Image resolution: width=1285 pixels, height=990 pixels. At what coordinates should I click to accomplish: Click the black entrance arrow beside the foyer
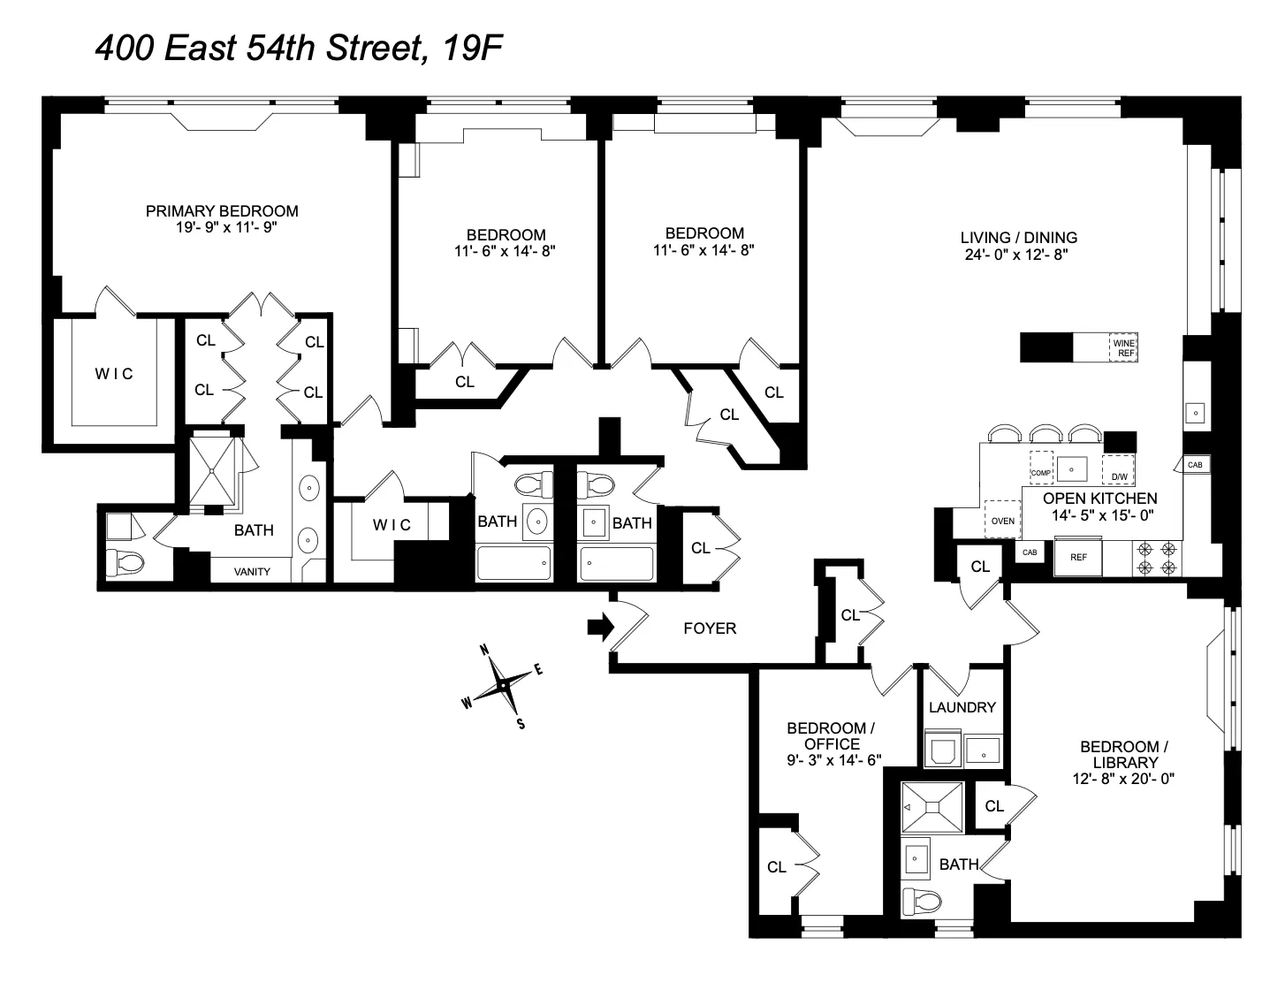[600, 628]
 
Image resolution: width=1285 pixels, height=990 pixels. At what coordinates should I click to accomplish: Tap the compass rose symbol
[502, 685]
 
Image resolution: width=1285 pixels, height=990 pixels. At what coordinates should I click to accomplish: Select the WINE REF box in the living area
[1123, 347]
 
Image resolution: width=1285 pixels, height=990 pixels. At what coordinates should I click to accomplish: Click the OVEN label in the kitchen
[1002, 520]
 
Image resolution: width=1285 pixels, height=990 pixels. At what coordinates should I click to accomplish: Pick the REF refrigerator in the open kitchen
[1078, 558]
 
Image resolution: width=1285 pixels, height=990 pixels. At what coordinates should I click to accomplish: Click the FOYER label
[710, 628]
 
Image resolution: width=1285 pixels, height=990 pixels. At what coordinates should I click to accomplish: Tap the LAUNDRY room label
[962, 707]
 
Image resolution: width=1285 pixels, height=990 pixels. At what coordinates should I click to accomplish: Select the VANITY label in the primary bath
[252, 571]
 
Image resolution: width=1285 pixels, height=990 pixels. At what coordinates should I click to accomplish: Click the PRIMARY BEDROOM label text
[222, 211]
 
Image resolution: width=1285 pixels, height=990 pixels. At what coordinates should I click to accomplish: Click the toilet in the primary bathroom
[119, 560]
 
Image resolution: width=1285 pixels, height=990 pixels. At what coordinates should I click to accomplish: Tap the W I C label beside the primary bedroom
[114, 374]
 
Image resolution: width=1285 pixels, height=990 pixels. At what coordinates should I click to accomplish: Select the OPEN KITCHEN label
[1099, 499]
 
